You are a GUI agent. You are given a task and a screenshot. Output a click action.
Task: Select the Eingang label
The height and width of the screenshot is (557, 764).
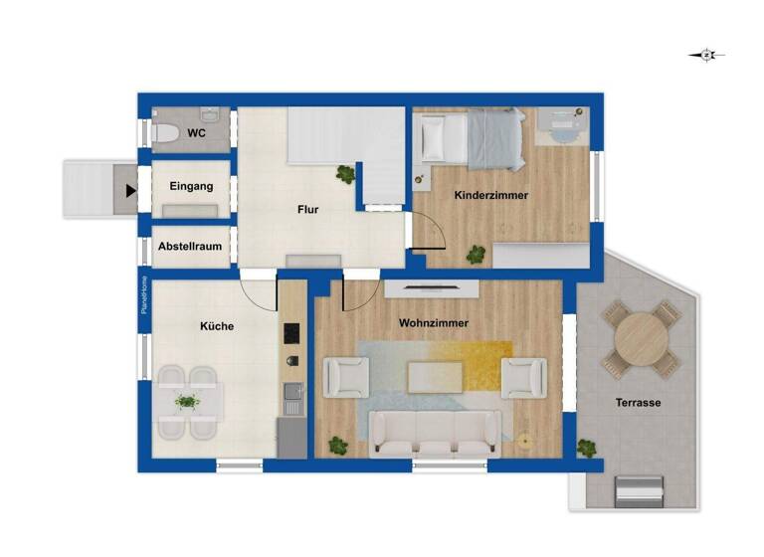click(191, 186)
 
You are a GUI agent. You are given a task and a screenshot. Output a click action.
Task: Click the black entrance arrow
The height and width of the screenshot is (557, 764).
click(130, 189)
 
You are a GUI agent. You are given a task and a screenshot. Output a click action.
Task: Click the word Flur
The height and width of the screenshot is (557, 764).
click(307, 210)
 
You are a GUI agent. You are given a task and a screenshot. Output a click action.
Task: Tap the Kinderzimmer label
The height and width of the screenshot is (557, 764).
click(490, 195)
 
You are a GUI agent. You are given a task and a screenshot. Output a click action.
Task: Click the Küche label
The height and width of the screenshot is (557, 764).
click(216, 325)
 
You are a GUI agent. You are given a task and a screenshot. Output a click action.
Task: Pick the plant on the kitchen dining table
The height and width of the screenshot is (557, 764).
click(187, 402)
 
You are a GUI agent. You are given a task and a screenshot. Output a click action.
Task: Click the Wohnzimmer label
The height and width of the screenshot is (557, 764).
click(433, 323)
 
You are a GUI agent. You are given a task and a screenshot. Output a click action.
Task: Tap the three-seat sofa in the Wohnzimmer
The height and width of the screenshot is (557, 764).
click(436, 433)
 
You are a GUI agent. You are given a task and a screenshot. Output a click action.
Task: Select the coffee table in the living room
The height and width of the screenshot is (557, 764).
click(435, 377)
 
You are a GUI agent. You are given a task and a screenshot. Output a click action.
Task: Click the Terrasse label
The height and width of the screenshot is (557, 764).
click(638, 403)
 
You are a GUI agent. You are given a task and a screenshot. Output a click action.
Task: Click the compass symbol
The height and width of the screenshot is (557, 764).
click(706, 56)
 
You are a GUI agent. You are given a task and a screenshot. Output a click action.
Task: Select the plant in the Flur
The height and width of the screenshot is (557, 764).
click(345, 174)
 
